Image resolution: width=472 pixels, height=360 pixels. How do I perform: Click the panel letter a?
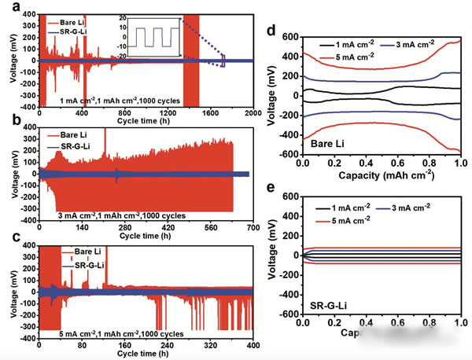pos(8,7)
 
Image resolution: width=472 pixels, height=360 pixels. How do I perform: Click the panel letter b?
pos(8,124)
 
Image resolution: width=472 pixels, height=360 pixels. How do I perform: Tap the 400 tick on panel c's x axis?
pos(251,345)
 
